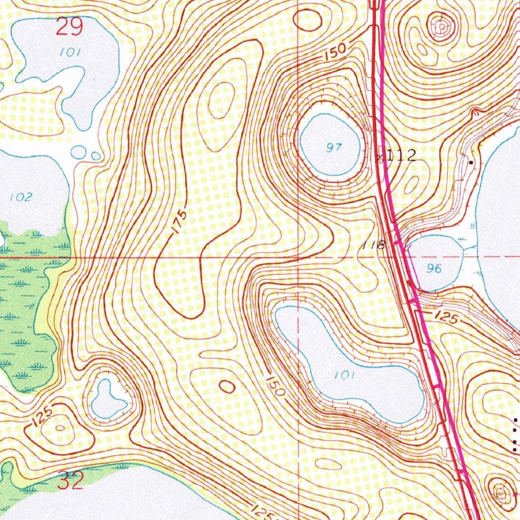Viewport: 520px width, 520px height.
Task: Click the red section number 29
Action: click(x=69, y=26)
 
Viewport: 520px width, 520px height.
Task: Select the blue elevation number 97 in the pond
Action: click(x=334, y=148)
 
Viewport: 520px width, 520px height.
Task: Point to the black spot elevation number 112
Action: click(x=401, y=155)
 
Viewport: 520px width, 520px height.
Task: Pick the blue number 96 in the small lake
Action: click(x=434, y=269)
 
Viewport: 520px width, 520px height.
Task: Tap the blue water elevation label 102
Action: click(x=21, y=197)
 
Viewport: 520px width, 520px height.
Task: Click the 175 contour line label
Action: click(x=179, y=221)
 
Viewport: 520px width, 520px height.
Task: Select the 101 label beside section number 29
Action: click(x=67, y=52)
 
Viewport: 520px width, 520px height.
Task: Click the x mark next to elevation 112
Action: click(x=380, y=158)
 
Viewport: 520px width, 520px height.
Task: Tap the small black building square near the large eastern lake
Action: click(x=472, y=162)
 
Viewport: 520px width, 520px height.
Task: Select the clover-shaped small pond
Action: click(x=108, y=399)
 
